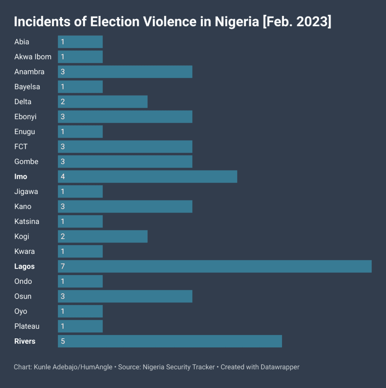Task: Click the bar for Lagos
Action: click(215, 266)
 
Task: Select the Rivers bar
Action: click(170, 341)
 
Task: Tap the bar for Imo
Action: click(147, 177)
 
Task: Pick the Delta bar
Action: click(103, 102)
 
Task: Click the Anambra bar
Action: click(125, 72)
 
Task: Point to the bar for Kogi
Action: click(103, 236)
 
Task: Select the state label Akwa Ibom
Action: click(33, 57)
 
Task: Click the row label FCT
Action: click(21, 147)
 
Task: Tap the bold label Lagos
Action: click(25, 266)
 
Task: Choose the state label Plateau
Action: click(27, 326)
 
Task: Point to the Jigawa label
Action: click(26, 191)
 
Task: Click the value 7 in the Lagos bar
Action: click(63, 266)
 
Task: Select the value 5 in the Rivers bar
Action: click(63, 341)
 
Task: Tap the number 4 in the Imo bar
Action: click(63, 177)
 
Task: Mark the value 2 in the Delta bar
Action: click(63, 102)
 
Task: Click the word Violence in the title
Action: click(170, 22)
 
